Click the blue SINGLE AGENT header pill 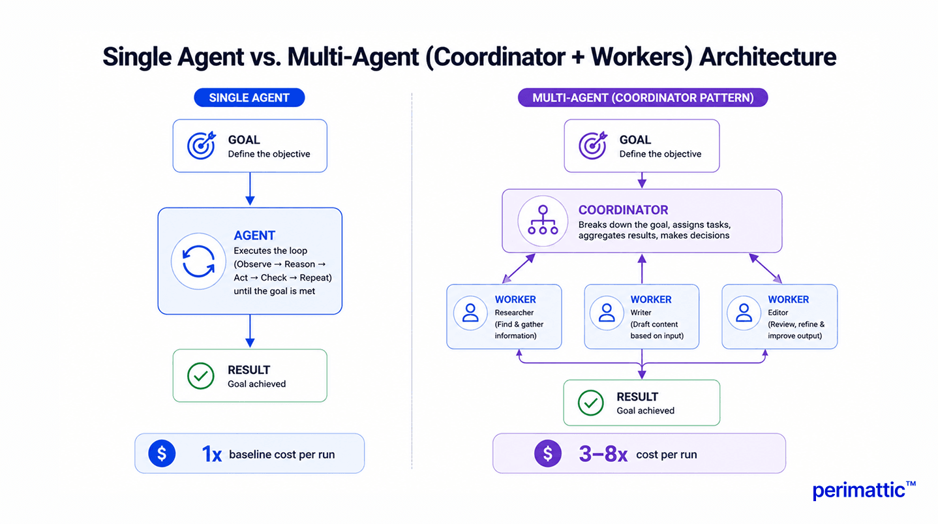point(249,98)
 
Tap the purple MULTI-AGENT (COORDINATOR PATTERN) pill point(643,98)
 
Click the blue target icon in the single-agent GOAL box point(202,146)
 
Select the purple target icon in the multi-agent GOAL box point(593,146)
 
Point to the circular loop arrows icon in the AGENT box point(198,262)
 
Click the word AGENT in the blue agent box point(254,236)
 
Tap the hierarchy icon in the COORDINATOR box point(543,221)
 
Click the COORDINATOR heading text point(623,210)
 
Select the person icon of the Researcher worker point(470,313)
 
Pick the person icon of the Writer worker point(607,313)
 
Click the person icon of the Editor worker point(744,313)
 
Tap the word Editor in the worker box point(778,313)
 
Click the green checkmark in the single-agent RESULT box point(201,376)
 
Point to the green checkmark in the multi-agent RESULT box point(590,403)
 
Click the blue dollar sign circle point(162,454)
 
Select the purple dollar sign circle point(548,454)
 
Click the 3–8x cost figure point(603,454)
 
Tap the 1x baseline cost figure point(212,454)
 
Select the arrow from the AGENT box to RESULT point(250,331)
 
